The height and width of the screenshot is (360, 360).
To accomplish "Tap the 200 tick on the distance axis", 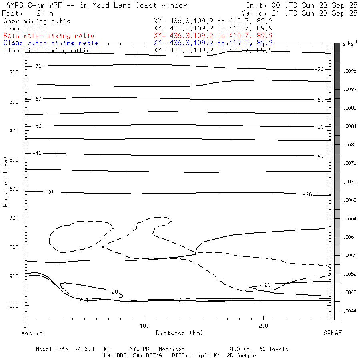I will pyautogui.click(x=263, y=320).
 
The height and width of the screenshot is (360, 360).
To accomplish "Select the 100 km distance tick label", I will pyautogui.click(x=144, y=326).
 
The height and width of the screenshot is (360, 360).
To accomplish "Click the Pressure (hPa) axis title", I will pyautogui.click(x=6, y=187).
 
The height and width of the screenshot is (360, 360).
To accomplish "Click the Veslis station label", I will pyautogui.click(x=32, y=333).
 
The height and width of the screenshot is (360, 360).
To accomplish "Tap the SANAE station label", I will pyautogui.click(x=332, y=333).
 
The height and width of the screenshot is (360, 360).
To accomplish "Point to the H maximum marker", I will pyautogui.click(x=78, y=294).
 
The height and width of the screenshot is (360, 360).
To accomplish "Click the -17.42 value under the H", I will pyautogui.click(x=82, y=300).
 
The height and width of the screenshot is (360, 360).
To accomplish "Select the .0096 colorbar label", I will pyautogui.click(x=350, y=71).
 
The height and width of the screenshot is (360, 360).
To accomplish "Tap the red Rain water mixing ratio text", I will pyautogui.click(x=49, y=36).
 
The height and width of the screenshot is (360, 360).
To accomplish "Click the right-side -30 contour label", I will pyautogui.click(x=307, y=194).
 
